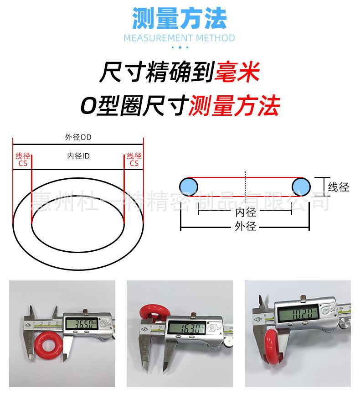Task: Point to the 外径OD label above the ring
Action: point(78,137)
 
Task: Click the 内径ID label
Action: point(78,156)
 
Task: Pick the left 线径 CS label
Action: point(22,159)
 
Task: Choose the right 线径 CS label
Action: point(134,159)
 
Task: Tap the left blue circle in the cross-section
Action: point(189,186)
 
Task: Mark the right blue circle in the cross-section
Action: point(301,186)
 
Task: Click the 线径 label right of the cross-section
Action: point(339,187)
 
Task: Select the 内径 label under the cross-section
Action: point(246,212)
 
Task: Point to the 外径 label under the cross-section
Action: point(246,226)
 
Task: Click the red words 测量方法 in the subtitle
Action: point(233,105)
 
